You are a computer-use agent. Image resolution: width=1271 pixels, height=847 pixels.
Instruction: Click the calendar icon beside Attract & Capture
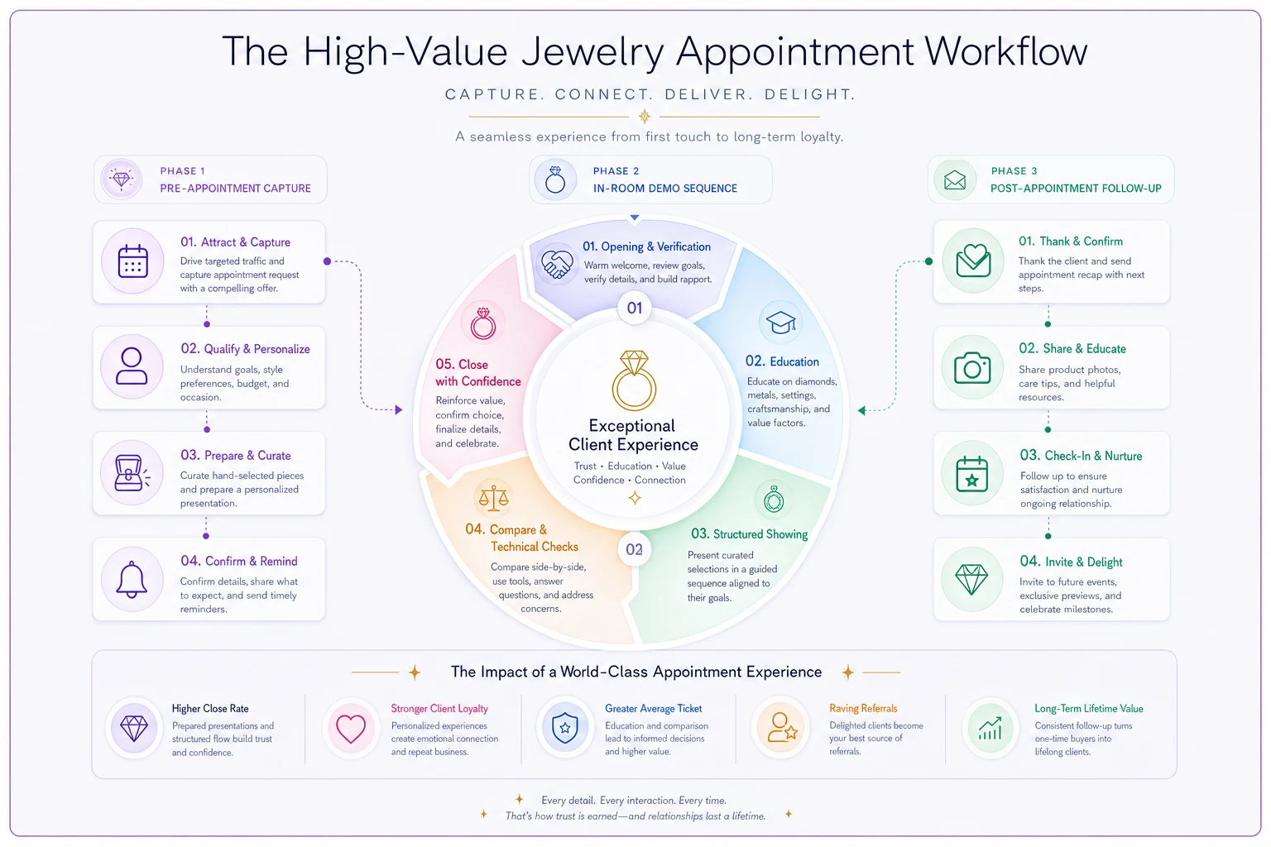click(x=132, y=261)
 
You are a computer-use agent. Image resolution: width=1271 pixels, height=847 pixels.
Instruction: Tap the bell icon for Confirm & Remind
click(x=132, y=579)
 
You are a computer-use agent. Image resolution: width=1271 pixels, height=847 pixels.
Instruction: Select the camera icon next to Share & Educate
click(x=972, y=367)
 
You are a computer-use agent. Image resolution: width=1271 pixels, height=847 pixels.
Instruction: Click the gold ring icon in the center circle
click(x=634, y=380)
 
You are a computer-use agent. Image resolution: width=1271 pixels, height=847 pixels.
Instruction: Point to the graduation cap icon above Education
click(x=781, y=323)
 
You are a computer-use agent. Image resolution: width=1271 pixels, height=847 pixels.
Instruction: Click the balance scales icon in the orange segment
click(x=493, y=498)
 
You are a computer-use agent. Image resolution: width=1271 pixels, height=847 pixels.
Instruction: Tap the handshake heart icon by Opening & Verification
click(x=557, y=265)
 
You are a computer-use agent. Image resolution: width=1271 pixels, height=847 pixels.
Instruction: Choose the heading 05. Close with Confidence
click(x=477, y=373)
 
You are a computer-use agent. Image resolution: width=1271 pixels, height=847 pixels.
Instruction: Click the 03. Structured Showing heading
click(x=749, y=534)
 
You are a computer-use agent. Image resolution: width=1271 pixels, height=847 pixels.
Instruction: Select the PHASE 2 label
click(x=616, y=170)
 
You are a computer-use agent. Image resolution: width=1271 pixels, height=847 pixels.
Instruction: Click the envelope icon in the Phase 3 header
click(x=954, y=180)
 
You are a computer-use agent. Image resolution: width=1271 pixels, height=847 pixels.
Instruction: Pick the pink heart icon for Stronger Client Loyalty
click(x=351, y=729)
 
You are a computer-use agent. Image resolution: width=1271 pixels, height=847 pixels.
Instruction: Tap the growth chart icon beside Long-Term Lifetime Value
click(x=990, y=729)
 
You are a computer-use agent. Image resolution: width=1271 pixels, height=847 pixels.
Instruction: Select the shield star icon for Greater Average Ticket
click(x=565, y=728)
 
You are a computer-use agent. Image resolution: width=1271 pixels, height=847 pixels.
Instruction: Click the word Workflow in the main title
click(x=1005, y=51)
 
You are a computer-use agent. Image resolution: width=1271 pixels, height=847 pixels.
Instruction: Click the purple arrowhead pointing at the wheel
click(x=399, y=409)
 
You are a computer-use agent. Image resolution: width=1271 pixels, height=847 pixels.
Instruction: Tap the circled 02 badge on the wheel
click(x=634, y=549)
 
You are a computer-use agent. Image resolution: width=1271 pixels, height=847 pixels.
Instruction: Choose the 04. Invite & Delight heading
click(x=1071, y=562)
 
